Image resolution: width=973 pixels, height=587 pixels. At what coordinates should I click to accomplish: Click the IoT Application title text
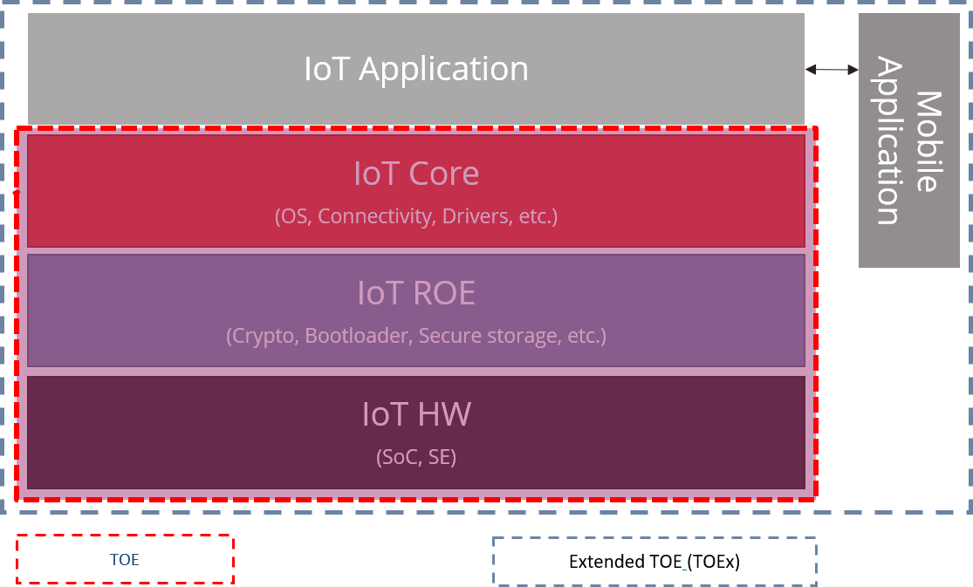(416, 69)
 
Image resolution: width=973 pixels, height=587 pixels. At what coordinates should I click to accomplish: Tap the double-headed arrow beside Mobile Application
(832, 69)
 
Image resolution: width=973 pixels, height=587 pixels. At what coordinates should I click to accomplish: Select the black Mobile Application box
(908, 140)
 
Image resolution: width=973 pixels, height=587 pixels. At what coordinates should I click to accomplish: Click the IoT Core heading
(416, 174)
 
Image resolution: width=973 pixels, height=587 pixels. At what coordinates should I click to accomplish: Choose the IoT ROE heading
(416, 293)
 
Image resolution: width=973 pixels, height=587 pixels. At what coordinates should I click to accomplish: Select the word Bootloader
(357, 336)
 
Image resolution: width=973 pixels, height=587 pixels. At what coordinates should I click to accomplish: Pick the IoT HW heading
(416, 413)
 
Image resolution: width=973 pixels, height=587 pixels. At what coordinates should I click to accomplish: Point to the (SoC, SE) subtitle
(416, 456)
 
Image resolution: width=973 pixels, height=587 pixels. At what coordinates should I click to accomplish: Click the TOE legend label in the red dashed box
(125, 560)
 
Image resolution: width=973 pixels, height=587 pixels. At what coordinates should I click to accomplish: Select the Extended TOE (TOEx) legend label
(654, 562)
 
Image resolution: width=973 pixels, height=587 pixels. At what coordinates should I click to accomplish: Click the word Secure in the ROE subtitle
(446, 336)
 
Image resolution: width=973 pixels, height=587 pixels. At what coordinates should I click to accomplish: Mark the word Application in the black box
(888, 140)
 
